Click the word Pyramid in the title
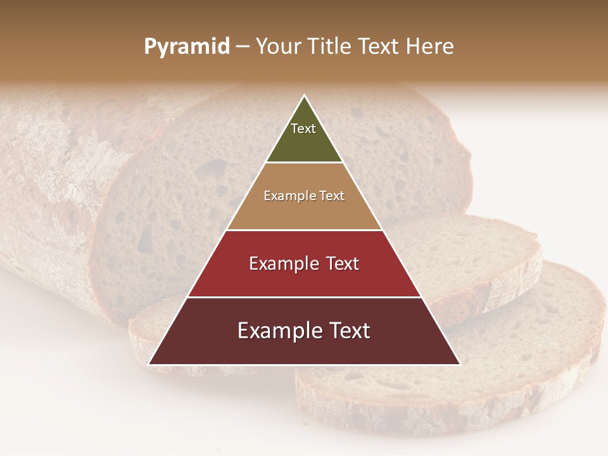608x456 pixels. click(x=187, y=47)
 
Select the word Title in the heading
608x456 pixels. click(x=329, y=46)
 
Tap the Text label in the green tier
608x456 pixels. click(x=303, y=129)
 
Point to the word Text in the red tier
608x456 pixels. click(x=343, y=263)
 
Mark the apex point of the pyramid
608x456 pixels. click(x=304, y=96)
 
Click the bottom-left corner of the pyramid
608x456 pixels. click(x=149, y=364)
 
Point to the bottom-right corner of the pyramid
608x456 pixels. click(x=460, y=364)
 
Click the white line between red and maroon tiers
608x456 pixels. click(x=304, y=297)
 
